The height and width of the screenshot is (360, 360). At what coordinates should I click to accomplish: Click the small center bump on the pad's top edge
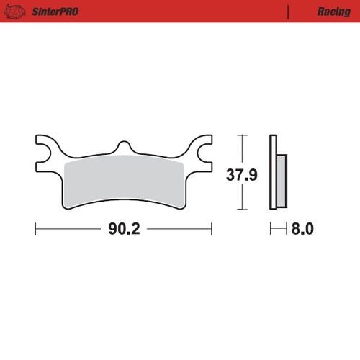click(124, 146)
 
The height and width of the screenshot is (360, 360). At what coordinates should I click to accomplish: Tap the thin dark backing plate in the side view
click(273, 173)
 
